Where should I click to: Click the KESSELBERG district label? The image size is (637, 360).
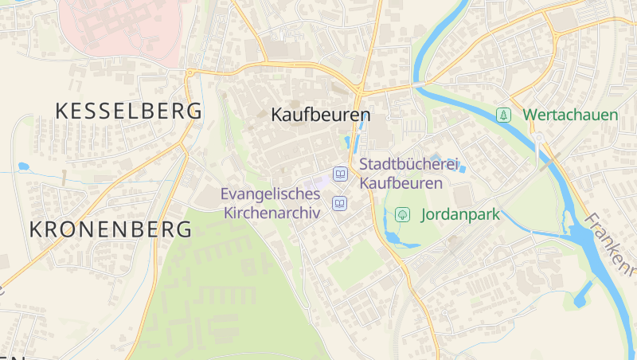tap(127, 112)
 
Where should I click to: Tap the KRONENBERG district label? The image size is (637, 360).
tap(111, 230)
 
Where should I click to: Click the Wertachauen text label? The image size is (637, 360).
tap(570, 115)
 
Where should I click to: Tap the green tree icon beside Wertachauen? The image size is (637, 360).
tap(503, 115)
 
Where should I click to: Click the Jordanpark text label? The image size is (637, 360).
tap(459, 214)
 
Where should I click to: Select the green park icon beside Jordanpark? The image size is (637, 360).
tap(403, 214)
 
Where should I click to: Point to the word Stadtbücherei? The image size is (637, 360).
tap(410, 165)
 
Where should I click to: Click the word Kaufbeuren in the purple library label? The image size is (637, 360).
tap(401, 183)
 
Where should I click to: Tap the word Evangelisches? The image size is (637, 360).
tap(270, 194)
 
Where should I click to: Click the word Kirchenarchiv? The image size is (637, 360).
tap(272, 213)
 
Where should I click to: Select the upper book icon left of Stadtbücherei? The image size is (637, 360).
tap(341, 174)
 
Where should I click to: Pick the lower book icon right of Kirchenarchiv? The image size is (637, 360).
tap(341, 204)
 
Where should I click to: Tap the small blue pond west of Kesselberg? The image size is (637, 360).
tap(23, 167)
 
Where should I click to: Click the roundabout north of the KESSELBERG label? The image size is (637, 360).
tap(190, 73)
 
